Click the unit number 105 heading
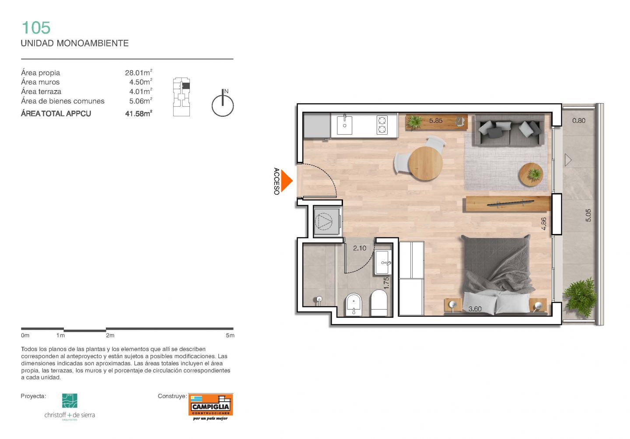(x=36, y=28)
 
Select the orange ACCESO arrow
(x=287, y=181)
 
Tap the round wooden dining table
(x=425, y=164)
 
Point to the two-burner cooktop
(x=382, y=125)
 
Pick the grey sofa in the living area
(x=509, y=130)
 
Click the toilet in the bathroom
(x=379, y=303)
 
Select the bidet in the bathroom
(x=353, y=305)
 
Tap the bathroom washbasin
(x=383, y=262)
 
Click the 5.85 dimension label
(x=436, y=121)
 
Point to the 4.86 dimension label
(x=543, y=224)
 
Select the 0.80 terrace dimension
(x=578, y=121)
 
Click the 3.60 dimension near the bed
(x=475, y=309)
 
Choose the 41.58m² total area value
(x=139, y=114)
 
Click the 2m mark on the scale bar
(x=110, y=335)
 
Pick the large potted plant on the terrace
(x=580, y=297)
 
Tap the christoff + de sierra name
(x=70, y=415)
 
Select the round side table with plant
(x=531, y=174)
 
